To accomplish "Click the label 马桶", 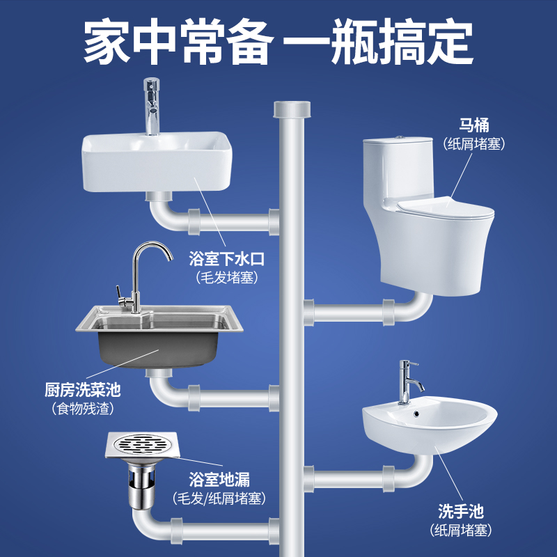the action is click(474, 125).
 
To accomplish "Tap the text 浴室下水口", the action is click(227, 258).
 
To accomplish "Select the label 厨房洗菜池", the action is click(82, 390).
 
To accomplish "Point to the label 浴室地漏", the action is click(219, 479).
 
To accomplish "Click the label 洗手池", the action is click(461, 511).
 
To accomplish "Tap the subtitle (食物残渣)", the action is click(82, 409).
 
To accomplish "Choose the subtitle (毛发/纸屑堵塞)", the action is click(219, 498).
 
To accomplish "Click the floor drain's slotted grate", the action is click(142, 444).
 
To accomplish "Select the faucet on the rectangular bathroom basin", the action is click(152, 107).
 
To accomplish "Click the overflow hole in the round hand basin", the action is click(416, 414).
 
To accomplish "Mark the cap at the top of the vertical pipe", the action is click(292, 109).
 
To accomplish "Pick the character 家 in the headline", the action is click(107, 42).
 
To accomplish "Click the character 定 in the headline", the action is click(450, 42).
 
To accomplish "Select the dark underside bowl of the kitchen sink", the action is click(158, 350).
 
